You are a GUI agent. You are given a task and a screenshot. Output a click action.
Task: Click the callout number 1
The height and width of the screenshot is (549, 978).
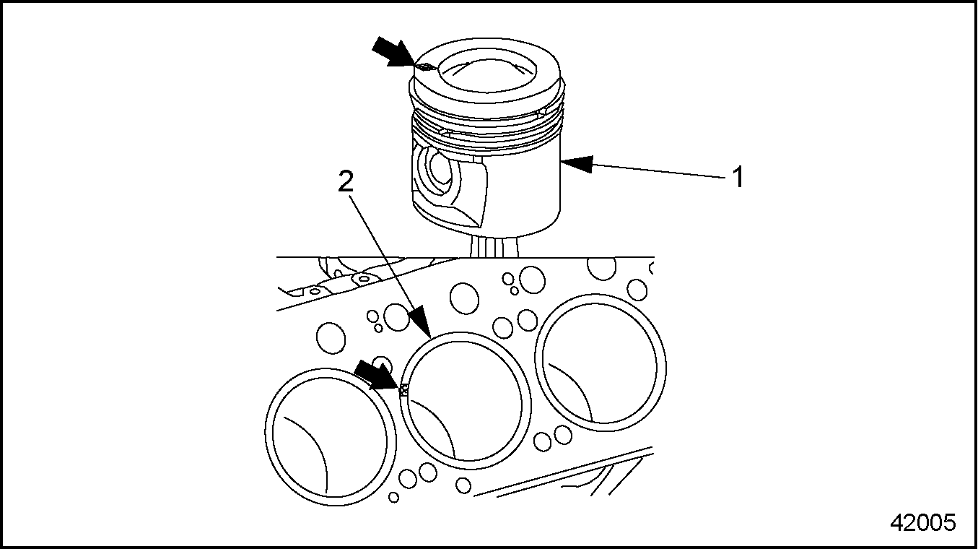(x=738, y=177)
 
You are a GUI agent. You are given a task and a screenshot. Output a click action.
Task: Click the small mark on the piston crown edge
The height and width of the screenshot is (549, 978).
(x=425, y=67)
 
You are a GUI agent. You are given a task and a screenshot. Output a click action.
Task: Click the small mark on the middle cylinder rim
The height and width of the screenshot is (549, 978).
(x=404, y=390)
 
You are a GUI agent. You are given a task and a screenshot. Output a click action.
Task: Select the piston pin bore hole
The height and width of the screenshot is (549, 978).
(x=438, y=168)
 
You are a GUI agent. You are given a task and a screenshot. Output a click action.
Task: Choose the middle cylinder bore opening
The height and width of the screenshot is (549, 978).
(x=466, y=401)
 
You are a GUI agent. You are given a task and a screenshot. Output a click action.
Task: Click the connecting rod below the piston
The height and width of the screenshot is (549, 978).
(x=494, y=247)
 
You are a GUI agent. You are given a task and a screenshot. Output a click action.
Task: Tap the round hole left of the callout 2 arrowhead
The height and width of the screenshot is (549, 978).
(x=397, y=316)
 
